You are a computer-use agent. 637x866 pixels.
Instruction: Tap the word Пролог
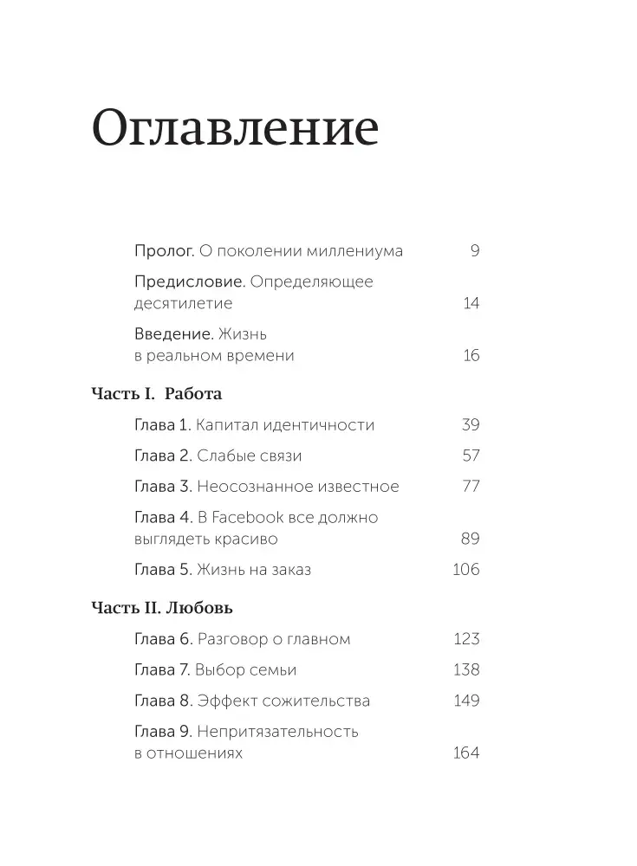(165, 251)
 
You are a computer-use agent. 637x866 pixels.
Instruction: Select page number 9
(475, 251)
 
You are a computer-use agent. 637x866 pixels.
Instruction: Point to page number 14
(471, 303)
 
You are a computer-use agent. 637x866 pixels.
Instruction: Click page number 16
(471, 355)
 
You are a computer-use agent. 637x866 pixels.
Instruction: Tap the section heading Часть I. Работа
(157, 394)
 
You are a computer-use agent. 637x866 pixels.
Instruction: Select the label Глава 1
(163, 425)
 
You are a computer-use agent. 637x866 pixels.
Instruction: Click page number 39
(471, 425)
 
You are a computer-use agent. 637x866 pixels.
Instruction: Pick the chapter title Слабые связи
(249, 456)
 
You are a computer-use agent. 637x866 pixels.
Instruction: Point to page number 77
(471, 486)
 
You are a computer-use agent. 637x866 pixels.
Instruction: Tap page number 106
(466, 569)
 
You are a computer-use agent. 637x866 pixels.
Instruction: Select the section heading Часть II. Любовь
(162, 608)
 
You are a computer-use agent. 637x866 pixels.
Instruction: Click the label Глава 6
(163, 639)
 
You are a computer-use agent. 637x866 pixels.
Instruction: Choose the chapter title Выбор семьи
(246, 669)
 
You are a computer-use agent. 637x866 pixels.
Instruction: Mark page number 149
(466, 701)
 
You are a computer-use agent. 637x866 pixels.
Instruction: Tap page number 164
(466, 753)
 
